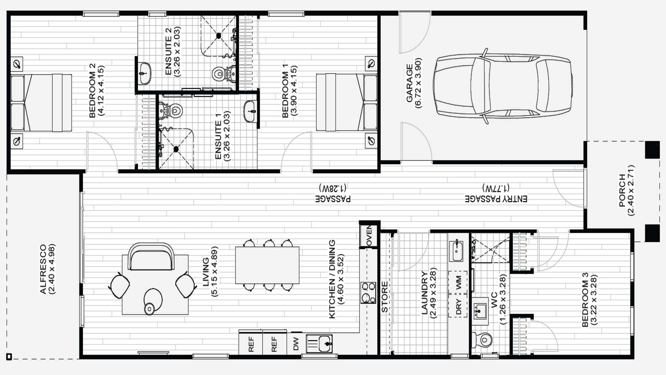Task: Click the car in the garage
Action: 503,86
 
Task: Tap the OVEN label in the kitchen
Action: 369,236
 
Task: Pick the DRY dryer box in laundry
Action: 459,306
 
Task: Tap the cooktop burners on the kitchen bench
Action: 368,293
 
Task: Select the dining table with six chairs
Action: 267,265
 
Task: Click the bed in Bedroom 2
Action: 41,103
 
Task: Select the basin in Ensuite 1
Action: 251,111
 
